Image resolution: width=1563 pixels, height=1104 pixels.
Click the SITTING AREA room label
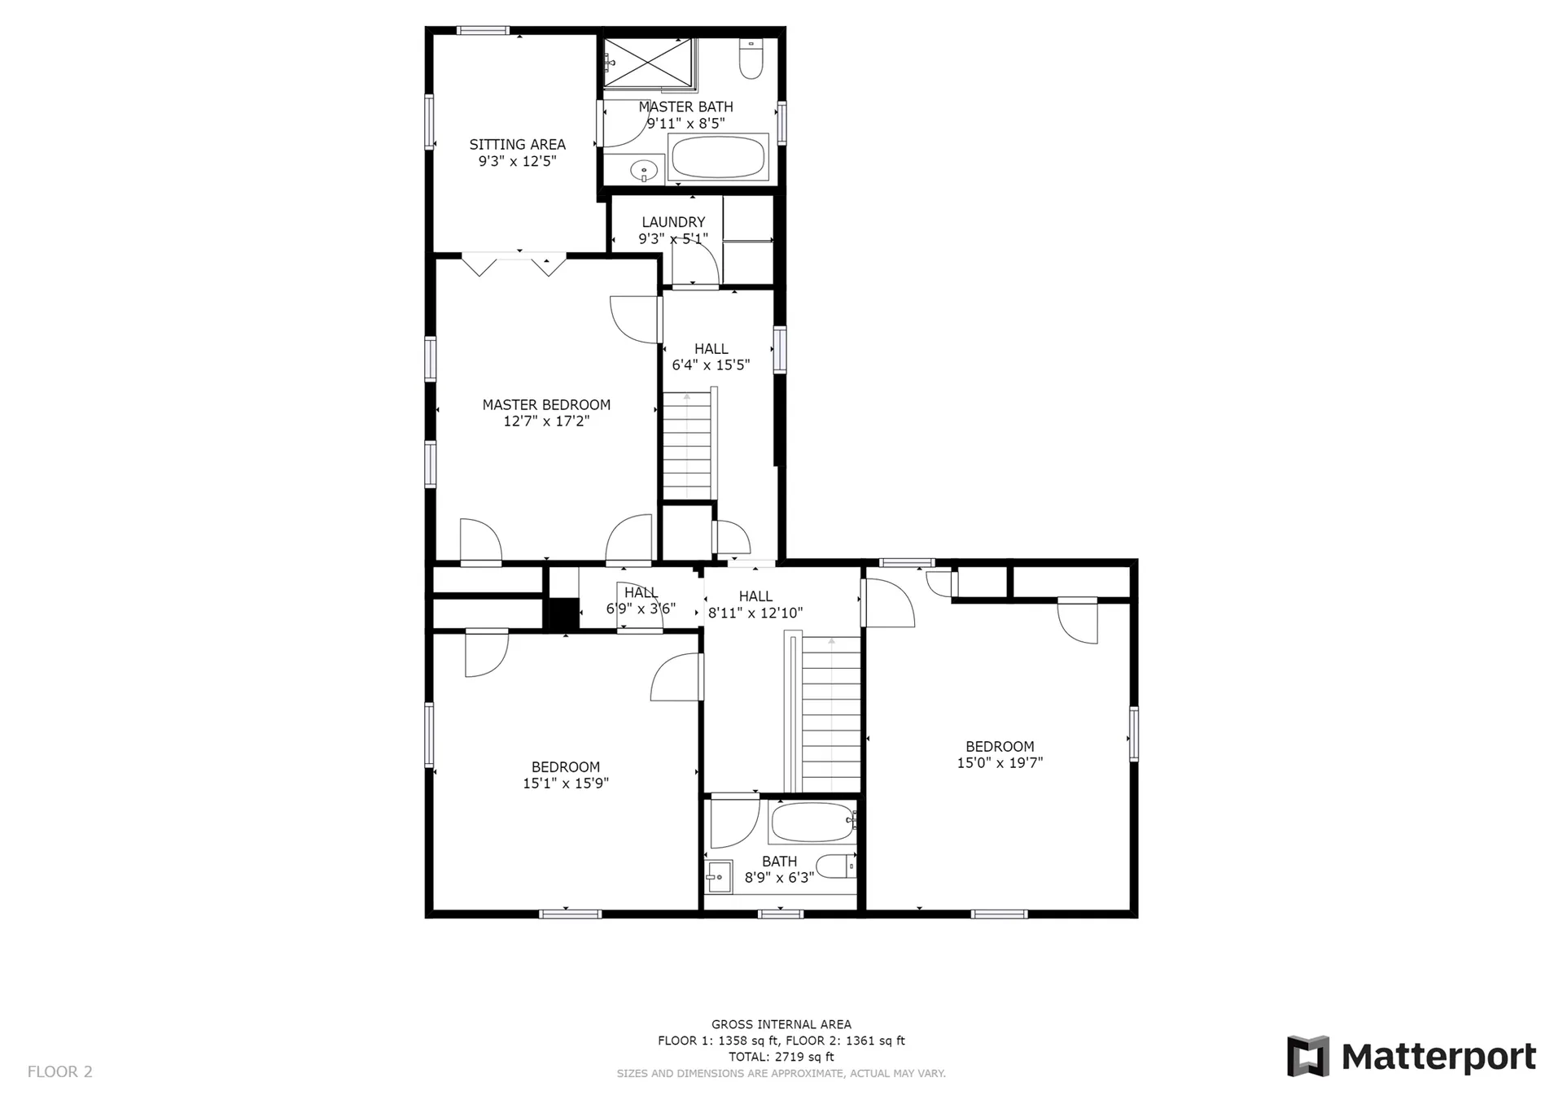coord(517,145)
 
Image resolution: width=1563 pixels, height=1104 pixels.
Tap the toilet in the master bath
coord(751,59)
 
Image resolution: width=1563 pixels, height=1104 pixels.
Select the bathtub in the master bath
coord(717,156)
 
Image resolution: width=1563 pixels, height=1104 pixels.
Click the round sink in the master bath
coord(644,171)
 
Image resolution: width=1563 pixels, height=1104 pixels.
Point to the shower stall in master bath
coord(649,62)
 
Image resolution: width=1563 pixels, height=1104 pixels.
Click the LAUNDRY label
coord(673,222)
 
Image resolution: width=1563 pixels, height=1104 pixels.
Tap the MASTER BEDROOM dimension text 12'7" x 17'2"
coord(546,421)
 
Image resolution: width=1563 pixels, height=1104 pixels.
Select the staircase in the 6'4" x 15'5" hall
coord(690,444)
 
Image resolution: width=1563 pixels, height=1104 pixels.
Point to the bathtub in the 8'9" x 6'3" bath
coord(811,823)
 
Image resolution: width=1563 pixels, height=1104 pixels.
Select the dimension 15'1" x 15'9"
coord(566,783)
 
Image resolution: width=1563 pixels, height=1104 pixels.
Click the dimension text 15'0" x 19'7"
coord(1000,763)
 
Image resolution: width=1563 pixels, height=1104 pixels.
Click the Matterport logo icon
coord(1307,1056)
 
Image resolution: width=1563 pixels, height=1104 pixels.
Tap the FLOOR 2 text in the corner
coord(60,1071)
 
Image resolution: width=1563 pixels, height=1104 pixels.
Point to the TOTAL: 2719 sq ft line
coord(781,1057)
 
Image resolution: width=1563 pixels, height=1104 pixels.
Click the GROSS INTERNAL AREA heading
coord(781,1025)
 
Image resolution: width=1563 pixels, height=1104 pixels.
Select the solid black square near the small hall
coord(563,614)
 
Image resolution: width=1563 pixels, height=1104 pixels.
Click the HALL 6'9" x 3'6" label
coord(641,600)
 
